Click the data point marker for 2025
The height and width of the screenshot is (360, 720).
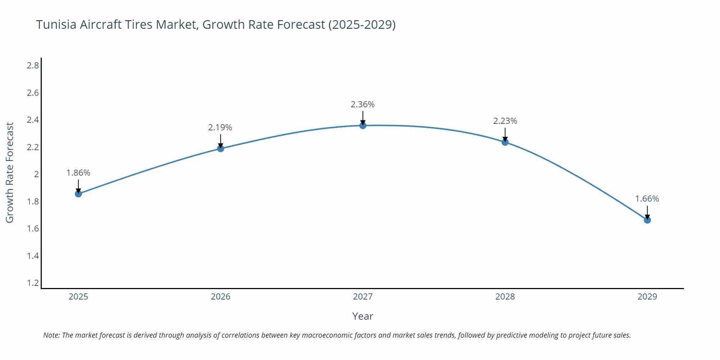coord(78,194)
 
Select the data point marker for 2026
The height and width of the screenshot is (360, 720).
coord(220,148)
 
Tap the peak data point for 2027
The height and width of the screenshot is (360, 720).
coord(363,125)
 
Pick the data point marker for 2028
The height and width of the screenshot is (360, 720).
coord(505,142)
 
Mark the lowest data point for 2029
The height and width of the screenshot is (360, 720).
coord(647,220)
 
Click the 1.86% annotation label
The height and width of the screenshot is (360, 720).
coord(78,173)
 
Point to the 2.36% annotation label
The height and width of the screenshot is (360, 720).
coord(363,104)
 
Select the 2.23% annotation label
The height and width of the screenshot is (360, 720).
coord(505,121)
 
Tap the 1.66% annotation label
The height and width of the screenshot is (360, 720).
coord(647,199)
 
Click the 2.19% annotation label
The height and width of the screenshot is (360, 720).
coord(220,127)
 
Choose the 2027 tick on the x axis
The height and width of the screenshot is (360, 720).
coord(363,297)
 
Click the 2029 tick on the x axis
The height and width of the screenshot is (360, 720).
coord(647,297)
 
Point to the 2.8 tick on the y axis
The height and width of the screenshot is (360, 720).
coord(33,66)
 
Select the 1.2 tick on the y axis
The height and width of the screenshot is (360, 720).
coord(33,283)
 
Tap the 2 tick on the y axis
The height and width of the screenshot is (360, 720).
coord(36,174)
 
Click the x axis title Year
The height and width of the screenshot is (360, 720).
coord(363,316)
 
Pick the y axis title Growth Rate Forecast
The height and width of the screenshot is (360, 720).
coord(10,172)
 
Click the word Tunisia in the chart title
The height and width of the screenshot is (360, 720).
coord(56,24)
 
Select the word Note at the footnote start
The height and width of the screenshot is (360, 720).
coord(51,335)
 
